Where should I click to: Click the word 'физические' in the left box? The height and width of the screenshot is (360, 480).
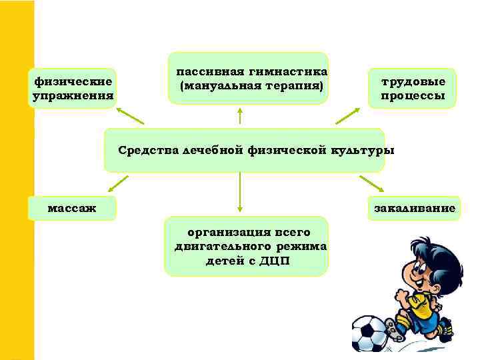point(73,83)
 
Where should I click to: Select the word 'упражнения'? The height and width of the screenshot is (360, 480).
point(73,96)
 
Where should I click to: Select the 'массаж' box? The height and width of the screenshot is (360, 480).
point(72,209)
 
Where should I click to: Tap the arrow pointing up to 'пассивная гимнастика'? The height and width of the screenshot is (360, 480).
point(239,115)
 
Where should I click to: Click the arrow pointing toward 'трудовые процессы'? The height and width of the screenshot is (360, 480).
point(347,116)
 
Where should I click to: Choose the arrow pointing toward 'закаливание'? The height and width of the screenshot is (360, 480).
point(371,183)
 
